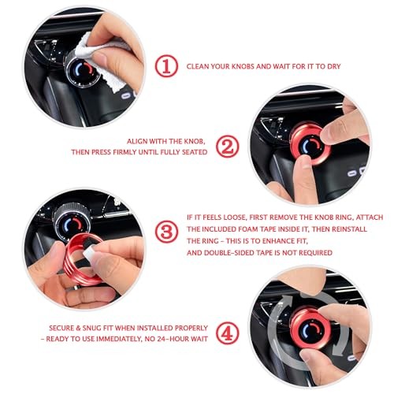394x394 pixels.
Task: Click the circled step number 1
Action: tap(166, 66)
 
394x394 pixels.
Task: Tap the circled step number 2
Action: tap(228, 147)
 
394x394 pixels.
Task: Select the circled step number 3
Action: tap(166, 232)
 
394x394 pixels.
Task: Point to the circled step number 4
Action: tap(228, 333)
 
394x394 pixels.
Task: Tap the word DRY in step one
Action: tap(334, 66)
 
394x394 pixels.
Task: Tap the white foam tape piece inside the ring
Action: tap(88, 252)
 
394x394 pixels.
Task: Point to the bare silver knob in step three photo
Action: tap(72, 220)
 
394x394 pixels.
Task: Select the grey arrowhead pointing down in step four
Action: tap(339, 349)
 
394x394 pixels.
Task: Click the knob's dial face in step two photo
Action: tap(311, 147)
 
